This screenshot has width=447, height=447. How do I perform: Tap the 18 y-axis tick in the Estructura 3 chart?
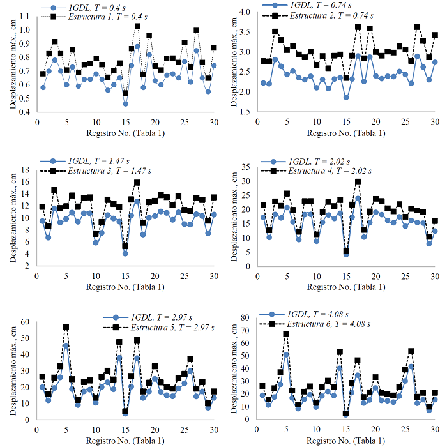[x=25, y=169]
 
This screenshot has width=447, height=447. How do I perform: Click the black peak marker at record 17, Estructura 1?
[x=137, y=26]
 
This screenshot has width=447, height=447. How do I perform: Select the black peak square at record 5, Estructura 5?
[x=66, y=326]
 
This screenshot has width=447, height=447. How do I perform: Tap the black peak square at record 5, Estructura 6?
[x=286, y=334]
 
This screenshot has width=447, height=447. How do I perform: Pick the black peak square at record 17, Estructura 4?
[x=358, y=181]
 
